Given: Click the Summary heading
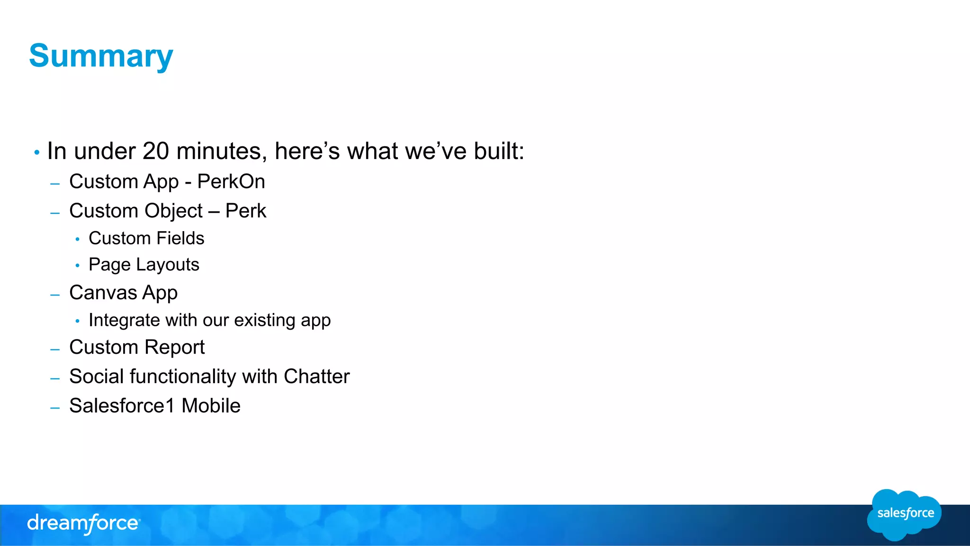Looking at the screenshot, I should [x=101, y=56].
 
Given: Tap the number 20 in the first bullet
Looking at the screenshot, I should [x=155, y=152].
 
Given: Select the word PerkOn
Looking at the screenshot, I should [x=231, y=182].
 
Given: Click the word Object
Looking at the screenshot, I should [x=174, y=211].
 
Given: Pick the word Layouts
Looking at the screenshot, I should [x=168, y=265].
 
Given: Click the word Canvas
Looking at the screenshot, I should [x=103, y=293].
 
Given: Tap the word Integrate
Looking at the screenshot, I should [x=124, y=320].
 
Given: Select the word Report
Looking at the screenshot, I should [x=174, y=348].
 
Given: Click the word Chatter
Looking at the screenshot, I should [x=316, y=377].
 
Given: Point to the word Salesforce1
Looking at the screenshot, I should [x=122, y=406].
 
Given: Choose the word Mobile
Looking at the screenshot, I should [x=211, y=406].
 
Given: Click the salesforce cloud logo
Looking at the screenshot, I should [x=904, y=514].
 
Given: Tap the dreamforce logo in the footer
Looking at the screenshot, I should [x=83, y=524].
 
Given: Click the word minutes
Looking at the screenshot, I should [x=218, y=152].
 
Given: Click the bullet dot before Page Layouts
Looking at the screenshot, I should [x=77, y=265].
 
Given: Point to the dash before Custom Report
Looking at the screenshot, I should [x=55, y=349].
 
